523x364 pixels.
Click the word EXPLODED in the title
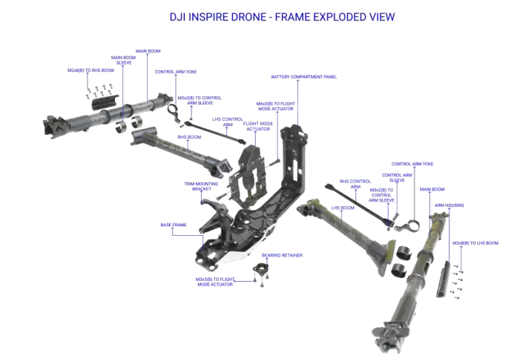pyautogui.click(x=322, y=16)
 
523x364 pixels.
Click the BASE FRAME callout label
pyautogui.click(x=173, y=225)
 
